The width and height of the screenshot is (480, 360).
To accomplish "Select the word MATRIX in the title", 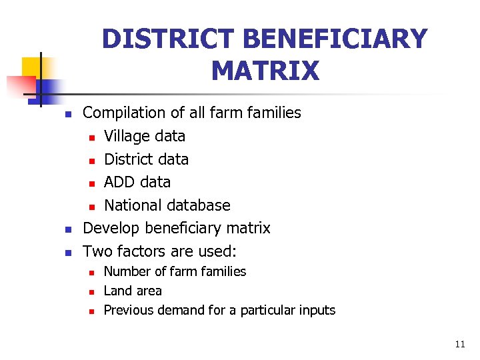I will (x=265, y=70).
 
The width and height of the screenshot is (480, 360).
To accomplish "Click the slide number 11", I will (x=460, y=345).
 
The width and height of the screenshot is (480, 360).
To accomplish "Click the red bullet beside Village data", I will (x=93, y=137).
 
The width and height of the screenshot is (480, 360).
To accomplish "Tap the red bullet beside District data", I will (x=93, y=160).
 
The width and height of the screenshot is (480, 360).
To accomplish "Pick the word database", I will (x=199, y=205).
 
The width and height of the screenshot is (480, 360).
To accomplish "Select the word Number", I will (x=127, y=271).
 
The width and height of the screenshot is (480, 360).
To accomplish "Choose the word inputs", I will (x=317, y=311).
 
